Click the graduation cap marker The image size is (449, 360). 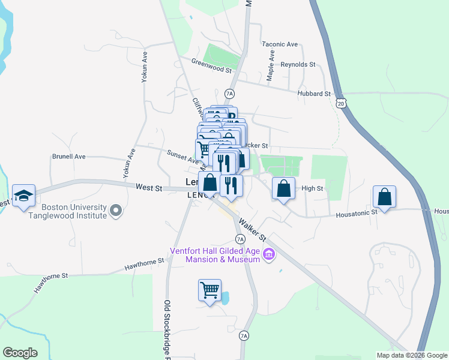23,196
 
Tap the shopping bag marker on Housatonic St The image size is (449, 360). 384,197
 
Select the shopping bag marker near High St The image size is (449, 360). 284,188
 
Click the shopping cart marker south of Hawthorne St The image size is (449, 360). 210,290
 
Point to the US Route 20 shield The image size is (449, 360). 342,104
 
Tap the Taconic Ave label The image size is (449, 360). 280,44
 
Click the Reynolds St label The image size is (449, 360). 298,64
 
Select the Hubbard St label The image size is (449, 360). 314,94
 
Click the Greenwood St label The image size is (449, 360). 211,65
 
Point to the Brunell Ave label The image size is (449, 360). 68,157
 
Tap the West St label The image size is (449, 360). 149,188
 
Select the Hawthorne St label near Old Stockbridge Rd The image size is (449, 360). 144,263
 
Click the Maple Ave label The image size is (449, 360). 271,73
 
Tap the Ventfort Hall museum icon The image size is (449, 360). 269,255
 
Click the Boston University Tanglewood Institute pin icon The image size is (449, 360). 116,211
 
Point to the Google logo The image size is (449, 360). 20,353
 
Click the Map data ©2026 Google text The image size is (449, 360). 411,355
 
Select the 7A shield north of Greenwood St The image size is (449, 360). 229,94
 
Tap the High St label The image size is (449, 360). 312,188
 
